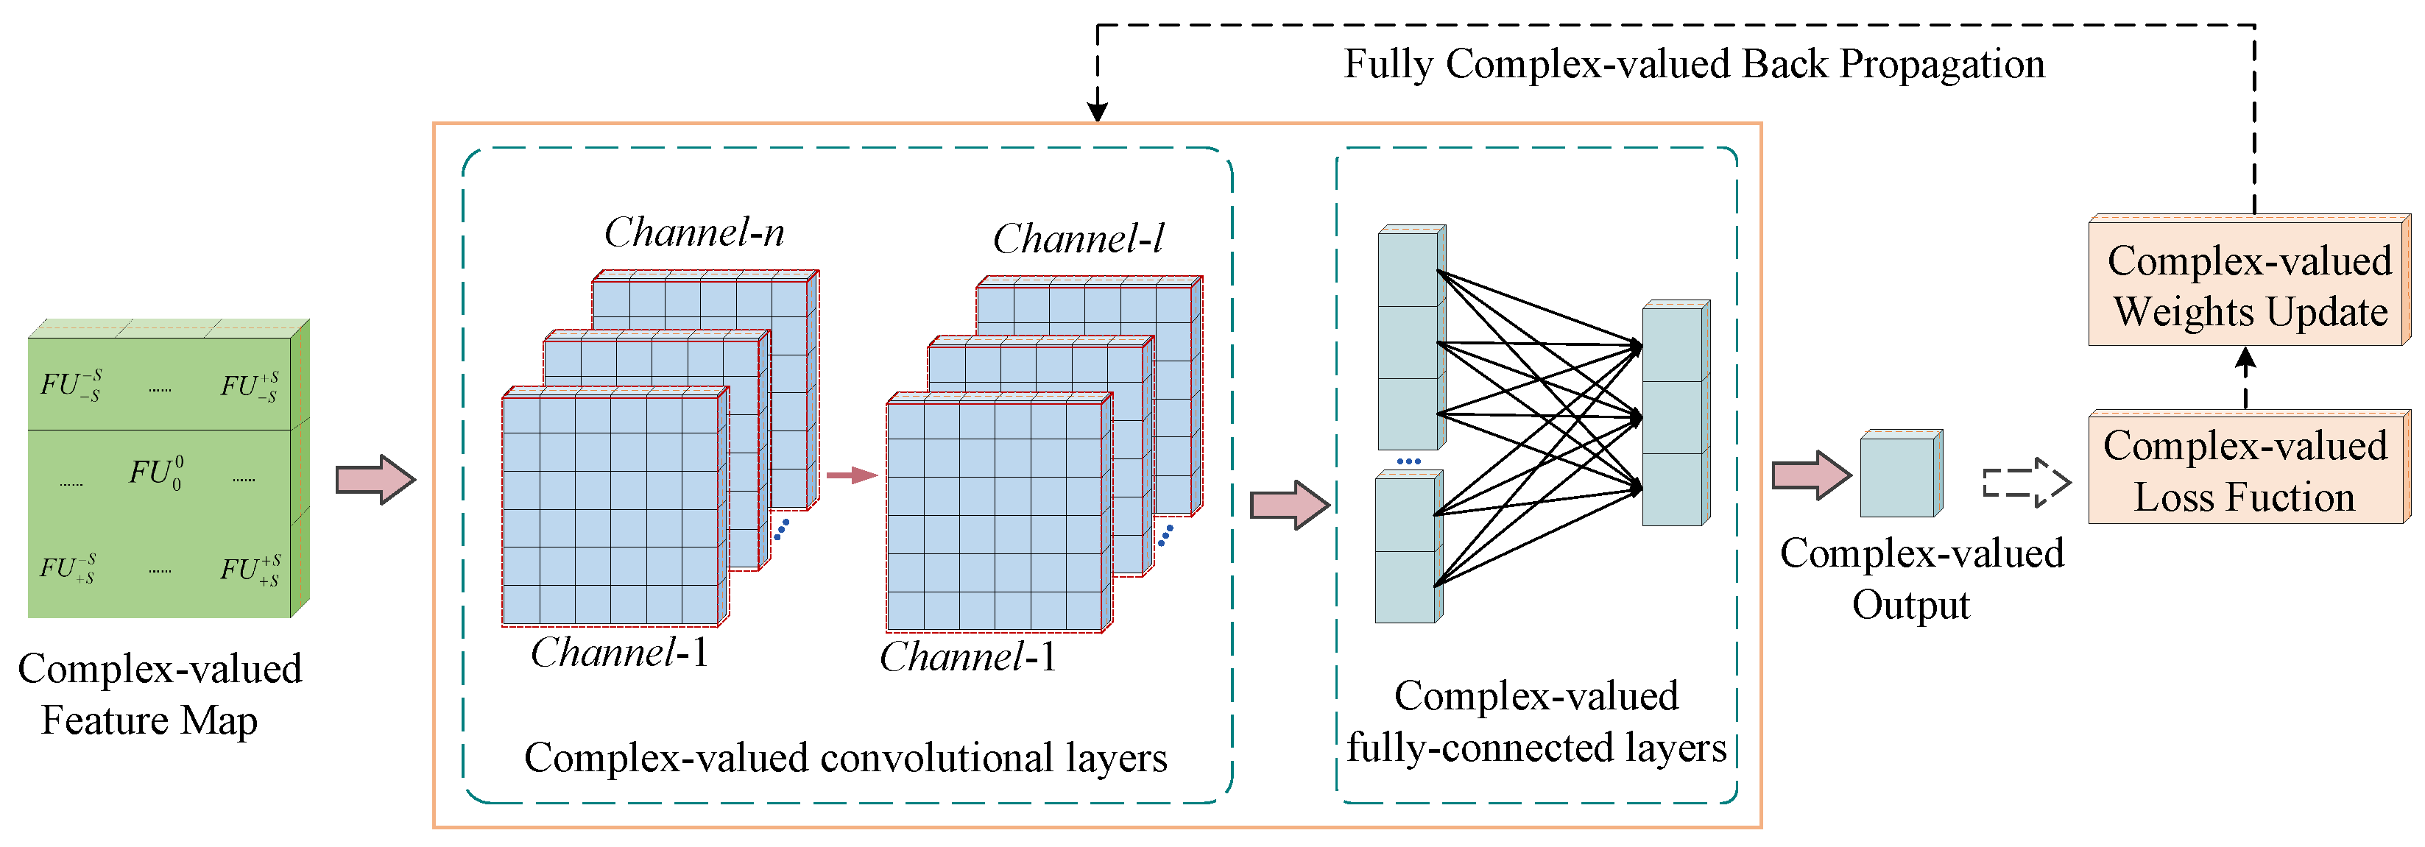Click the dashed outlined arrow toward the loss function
(2026, 483)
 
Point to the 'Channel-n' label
(693, 233)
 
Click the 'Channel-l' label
(1078, 239)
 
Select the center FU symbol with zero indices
(156, 472)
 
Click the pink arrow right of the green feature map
(375, 479)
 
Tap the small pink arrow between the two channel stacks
(851, 475)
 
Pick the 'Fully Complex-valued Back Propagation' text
(1692, 64)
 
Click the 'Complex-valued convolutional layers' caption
(844, 758)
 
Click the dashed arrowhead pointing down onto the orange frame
(1097, 110)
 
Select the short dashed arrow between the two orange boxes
(2245, 378)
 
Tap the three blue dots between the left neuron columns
(1408, 461)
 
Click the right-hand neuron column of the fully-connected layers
(1675, 414)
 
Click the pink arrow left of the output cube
(1810, 475)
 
